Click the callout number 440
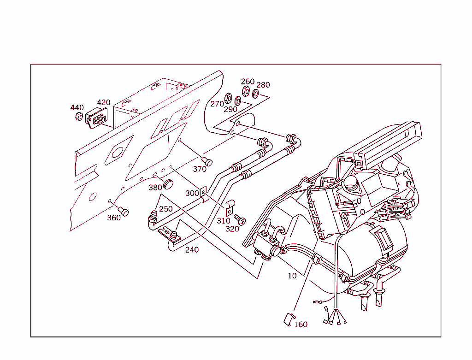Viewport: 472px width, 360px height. click(x=77, y=108)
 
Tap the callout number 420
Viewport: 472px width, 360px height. click(x=104, y=102)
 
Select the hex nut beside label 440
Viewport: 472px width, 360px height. click(x=78, y=116)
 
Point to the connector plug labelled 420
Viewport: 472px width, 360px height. click(x=95, y=119)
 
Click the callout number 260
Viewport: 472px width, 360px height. click(x=248, y=82)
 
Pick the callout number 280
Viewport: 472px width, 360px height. click(x=263, y=85)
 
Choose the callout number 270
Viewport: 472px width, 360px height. click(x=217, y=104)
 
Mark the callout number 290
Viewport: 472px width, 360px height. click(x=230, y=109)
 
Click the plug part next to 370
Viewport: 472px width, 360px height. click(x=208, y=161)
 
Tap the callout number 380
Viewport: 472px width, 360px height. click(x=155, y=188)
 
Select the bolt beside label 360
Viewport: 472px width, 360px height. click(x=124, y=211)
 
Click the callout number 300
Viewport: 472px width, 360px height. click(x=192, y=193)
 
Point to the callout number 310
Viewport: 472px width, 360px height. click(x=224, y=220)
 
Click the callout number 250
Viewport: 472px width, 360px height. click(x=166, y=209)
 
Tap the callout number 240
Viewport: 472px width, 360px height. click(x=192, y=250)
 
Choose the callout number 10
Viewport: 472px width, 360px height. click(x=292, y=276)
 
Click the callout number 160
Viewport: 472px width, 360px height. click(x=301, y=325)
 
